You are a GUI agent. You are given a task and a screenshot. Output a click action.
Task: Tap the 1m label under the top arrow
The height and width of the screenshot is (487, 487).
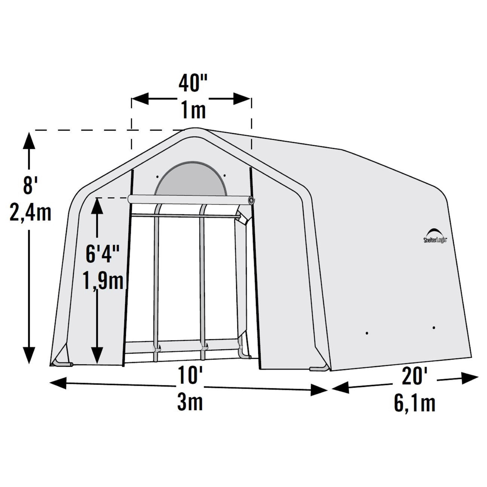click(x=193, y=110)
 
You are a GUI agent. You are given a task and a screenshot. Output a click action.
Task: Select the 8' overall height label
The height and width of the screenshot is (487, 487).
click(x=30, y=185)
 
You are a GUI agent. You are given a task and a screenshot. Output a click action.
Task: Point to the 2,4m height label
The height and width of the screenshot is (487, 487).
click(x=30, y=213)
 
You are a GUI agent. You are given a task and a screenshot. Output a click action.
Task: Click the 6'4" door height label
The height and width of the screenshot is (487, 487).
click(x=103, y=254)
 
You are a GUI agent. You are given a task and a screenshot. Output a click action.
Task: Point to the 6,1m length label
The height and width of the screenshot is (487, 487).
click(x=415, y=403)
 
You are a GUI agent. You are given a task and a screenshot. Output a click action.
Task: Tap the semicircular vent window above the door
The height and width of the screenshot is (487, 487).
click(x=190, y=179)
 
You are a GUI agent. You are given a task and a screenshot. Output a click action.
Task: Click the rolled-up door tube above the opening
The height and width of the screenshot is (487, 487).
click(x=190, y=200)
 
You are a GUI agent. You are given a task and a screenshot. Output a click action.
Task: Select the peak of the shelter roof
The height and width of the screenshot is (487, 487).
click(x=194, y=129)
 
